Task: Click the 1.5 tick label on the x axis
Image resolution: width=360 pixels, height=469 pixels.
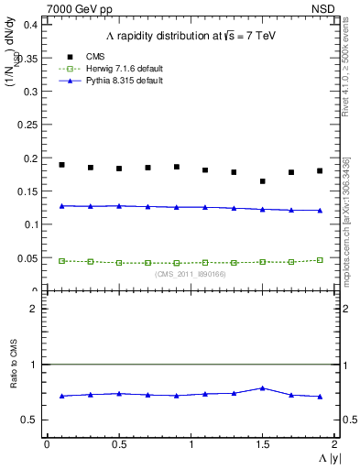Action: click(263, 444)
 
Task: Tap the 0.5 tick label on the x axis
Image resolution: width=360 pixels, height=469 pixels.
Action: click(119, 444)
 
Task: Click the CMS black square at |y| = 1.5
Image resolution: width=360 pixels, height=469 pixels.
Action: click(263, 181)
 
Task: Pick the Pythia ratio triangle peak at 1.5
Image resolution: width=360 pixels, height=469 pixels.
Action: click(263, 387)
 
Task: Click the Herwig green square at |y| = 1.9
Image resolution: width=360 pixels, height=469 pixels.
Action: click(320, 260)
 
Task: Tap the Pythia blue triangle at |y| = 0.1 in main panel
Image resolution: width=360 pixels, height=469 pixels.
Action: click(61, 206)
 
